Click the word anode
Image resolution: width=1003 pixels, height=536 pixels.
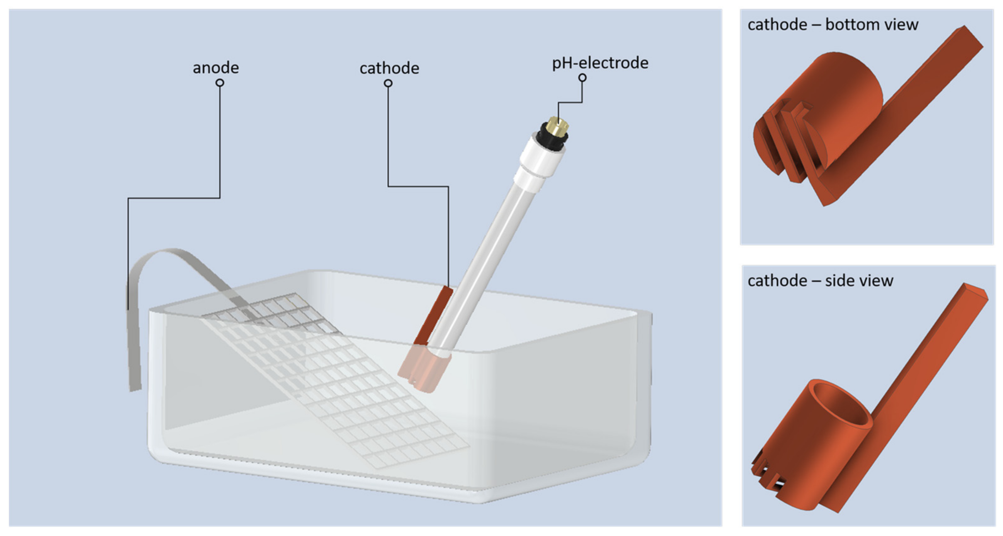216,68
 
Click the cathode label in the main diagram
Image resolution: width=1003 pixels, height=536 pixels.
389,69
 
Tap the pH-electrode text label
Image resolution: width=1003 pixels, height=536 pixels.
600,63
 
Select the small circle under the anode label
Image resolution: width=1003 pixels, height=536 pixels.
220,83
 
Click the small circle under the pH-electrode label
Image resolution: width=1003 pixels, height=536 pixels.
582,77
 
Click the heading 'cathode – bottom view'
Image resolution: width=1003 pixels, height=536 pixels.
833,25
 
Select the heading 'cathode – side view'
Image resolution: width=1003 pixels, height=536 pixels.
820,281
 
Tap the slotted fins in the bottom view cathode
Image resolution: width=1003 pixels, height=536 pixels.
783,144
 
